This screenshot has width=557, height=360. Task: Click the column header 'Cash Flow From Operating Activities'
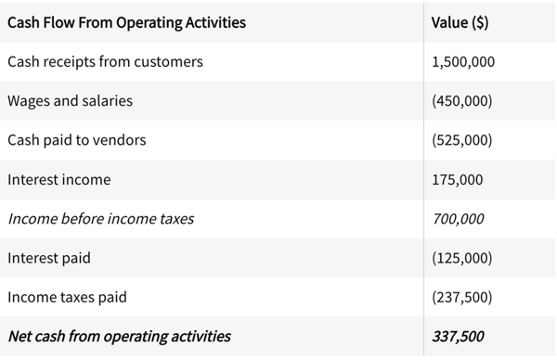(126, 22)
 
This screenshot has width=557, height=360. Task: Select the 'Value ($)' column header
(460, 22)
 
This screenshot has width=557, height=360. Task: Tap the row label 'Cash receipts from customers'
(104, 62)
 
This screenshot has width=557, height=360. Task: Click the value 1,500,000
(463, 62)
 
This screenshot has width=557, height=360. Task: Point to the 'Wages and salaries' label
(70, 101)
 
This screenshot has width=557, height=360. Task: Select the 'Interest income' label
(58, 179)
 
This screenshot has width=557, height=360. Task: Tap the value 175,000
(458, 179)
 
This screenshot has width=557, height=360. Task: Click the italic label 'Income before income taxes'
(100, 219)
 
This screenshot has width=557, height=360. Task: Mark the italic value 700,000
(458, 219)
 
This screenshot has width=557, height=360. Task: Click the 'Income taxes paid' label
(67, 297)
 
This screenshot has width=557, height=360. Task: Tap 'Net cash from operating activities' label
(119, 336)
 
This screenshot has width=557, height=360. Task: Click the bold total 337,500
(458, 336)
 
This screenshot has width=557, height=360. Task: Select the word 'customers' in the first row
(168, 62)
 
